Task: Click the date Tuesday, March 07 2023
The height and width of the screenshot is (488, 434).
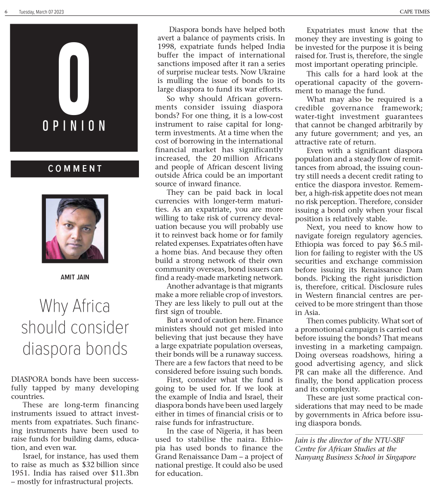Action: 41,12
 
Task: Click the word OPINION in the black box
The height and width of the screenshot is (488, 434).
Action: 74,126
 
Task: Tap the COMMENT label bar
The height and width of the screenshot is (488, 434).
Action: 75,169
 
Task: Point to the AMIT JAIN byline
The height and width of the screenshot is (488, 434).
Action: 75,277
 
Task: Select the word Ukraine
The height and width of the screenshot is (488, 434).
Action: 269,72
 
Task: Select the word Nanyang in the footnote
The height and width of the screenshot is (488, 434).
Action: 310,457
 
